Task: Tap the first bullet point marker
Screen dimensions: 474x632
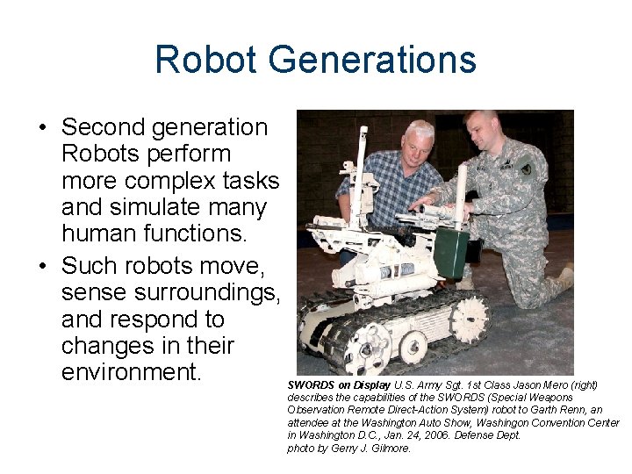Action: pos(42,128)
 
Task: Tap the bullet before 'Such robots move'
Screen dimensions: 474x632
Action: pos(42,265)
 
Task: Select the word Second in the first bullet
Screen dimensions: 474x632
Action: pos(105,127)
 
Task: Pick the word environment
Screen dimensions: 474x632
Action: pos(132,373)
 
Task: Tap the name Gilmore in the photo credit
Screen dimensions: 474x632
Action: pos(390,449)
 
